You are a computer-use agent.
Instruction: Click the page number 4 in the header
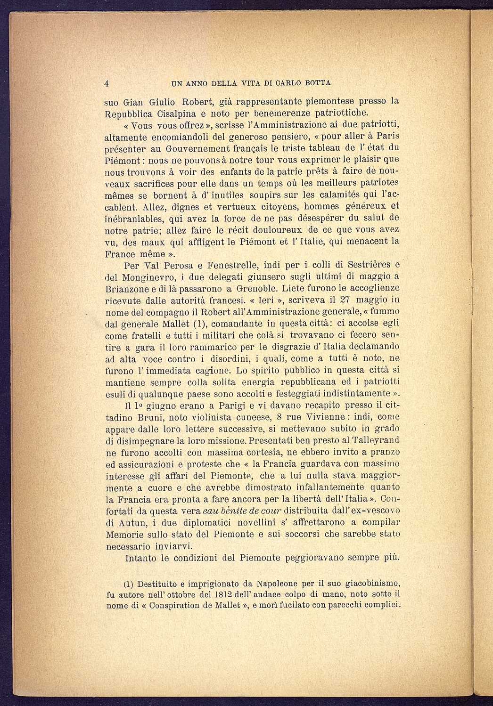[107, 83]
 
